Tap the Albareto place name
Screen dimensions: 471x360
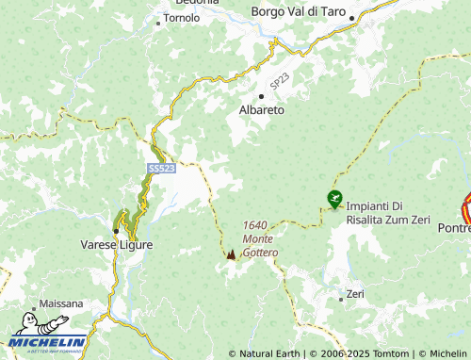click(263, 110)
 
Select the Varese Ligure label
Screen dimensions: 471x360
click(116, 245)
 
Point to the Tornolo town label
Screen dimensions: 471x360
click(181, 18)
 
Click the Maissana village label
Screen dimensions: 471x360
click(61, 304)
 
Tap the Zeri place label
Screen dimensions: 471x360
click(355, 295)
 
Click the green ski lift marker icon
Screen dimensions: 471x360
click(334, 198)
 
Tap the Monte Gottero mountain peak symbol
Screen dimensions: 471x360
click(232, 254)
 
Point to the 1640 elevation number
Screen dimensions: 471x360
click(255, 225)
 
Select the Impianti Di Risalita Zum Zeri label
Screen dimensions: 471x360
click(387, 213)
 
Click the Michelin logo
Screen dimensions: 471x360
click(48, 342)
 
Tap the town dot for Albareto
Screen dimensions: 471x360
click(261, 96)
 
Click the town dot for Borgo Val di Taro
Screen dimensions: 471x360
click(350, 18)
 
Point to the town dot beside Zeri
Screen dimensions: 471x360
click(341, 299)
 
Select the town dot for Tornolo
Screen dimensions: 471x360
click(159, 18)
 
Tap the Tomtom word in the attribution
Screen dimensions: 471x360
click(393, 353)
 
